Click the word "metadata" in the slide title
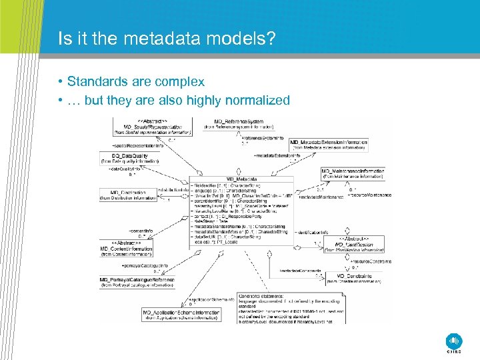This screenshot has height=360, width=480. (151, 39)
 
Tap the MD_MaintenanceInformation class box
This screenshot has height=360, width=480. (353, 174)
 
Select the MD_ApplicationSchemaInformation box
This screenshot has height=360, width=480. (181, 315)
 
